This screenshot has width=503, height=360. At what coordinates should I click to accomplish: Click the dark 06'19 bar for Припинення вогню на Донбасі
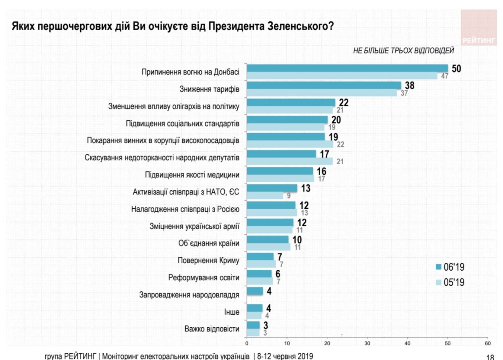tap(347, 68)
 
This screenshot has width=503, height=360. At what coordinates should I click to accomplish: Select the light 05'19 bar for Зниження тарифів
tap(322, 93)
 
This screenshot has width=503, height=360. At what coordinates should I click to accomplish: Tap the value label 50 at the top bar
tap(456, 69)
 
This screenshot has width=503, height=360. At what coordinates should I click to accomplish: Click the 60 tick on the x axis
tap(487, 343)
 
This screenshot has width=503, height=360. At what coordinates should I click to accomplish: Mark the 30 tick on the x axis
tap(367, 343)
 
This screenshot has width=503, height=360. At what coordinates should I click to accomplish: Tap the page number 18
tap(489, 357)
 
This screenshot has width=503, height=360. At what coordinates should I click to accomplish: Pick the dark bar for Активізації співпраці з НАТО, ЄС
tap(272, 188)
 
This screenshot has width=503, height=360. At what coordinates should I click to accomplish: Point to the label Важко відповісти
tap(212, 329)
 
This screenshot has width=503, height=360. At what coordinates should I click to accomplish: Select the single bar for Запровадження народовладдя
tap(255, 290)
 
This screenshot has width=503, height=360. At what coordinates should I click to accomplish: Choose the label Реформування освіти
tap(204, 277)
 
